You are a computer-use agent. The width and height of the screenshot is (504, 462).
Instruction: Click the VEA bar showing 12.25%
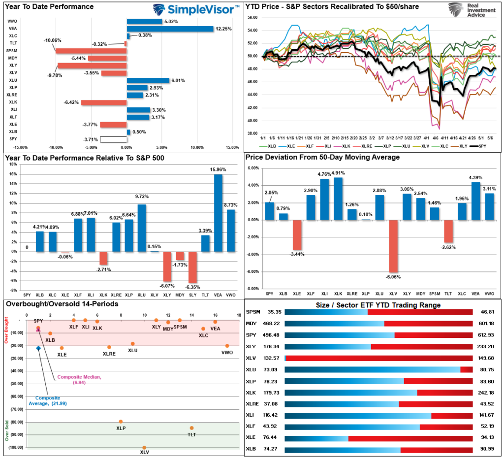170,29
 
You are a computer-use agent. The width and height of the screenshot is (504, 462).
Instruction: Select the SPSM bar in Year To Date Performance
91,51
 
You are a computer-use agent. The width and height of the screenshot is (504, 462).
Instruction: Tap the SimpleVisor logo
196,9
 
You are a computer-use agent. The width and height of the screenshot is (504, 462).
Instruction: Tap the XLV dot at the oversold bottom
144,448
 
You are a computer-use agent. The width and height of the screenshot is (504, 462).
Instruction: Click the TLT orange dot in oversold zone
191,428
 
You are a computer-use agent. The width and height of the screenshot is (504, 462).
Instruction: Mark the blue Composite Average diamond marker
38,348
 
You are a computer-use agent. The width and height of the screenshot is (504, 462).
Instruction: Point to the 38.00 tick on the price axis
252,133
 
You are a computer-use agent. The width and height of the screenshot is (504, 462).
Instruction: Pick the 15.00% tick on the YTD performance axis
232,147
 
